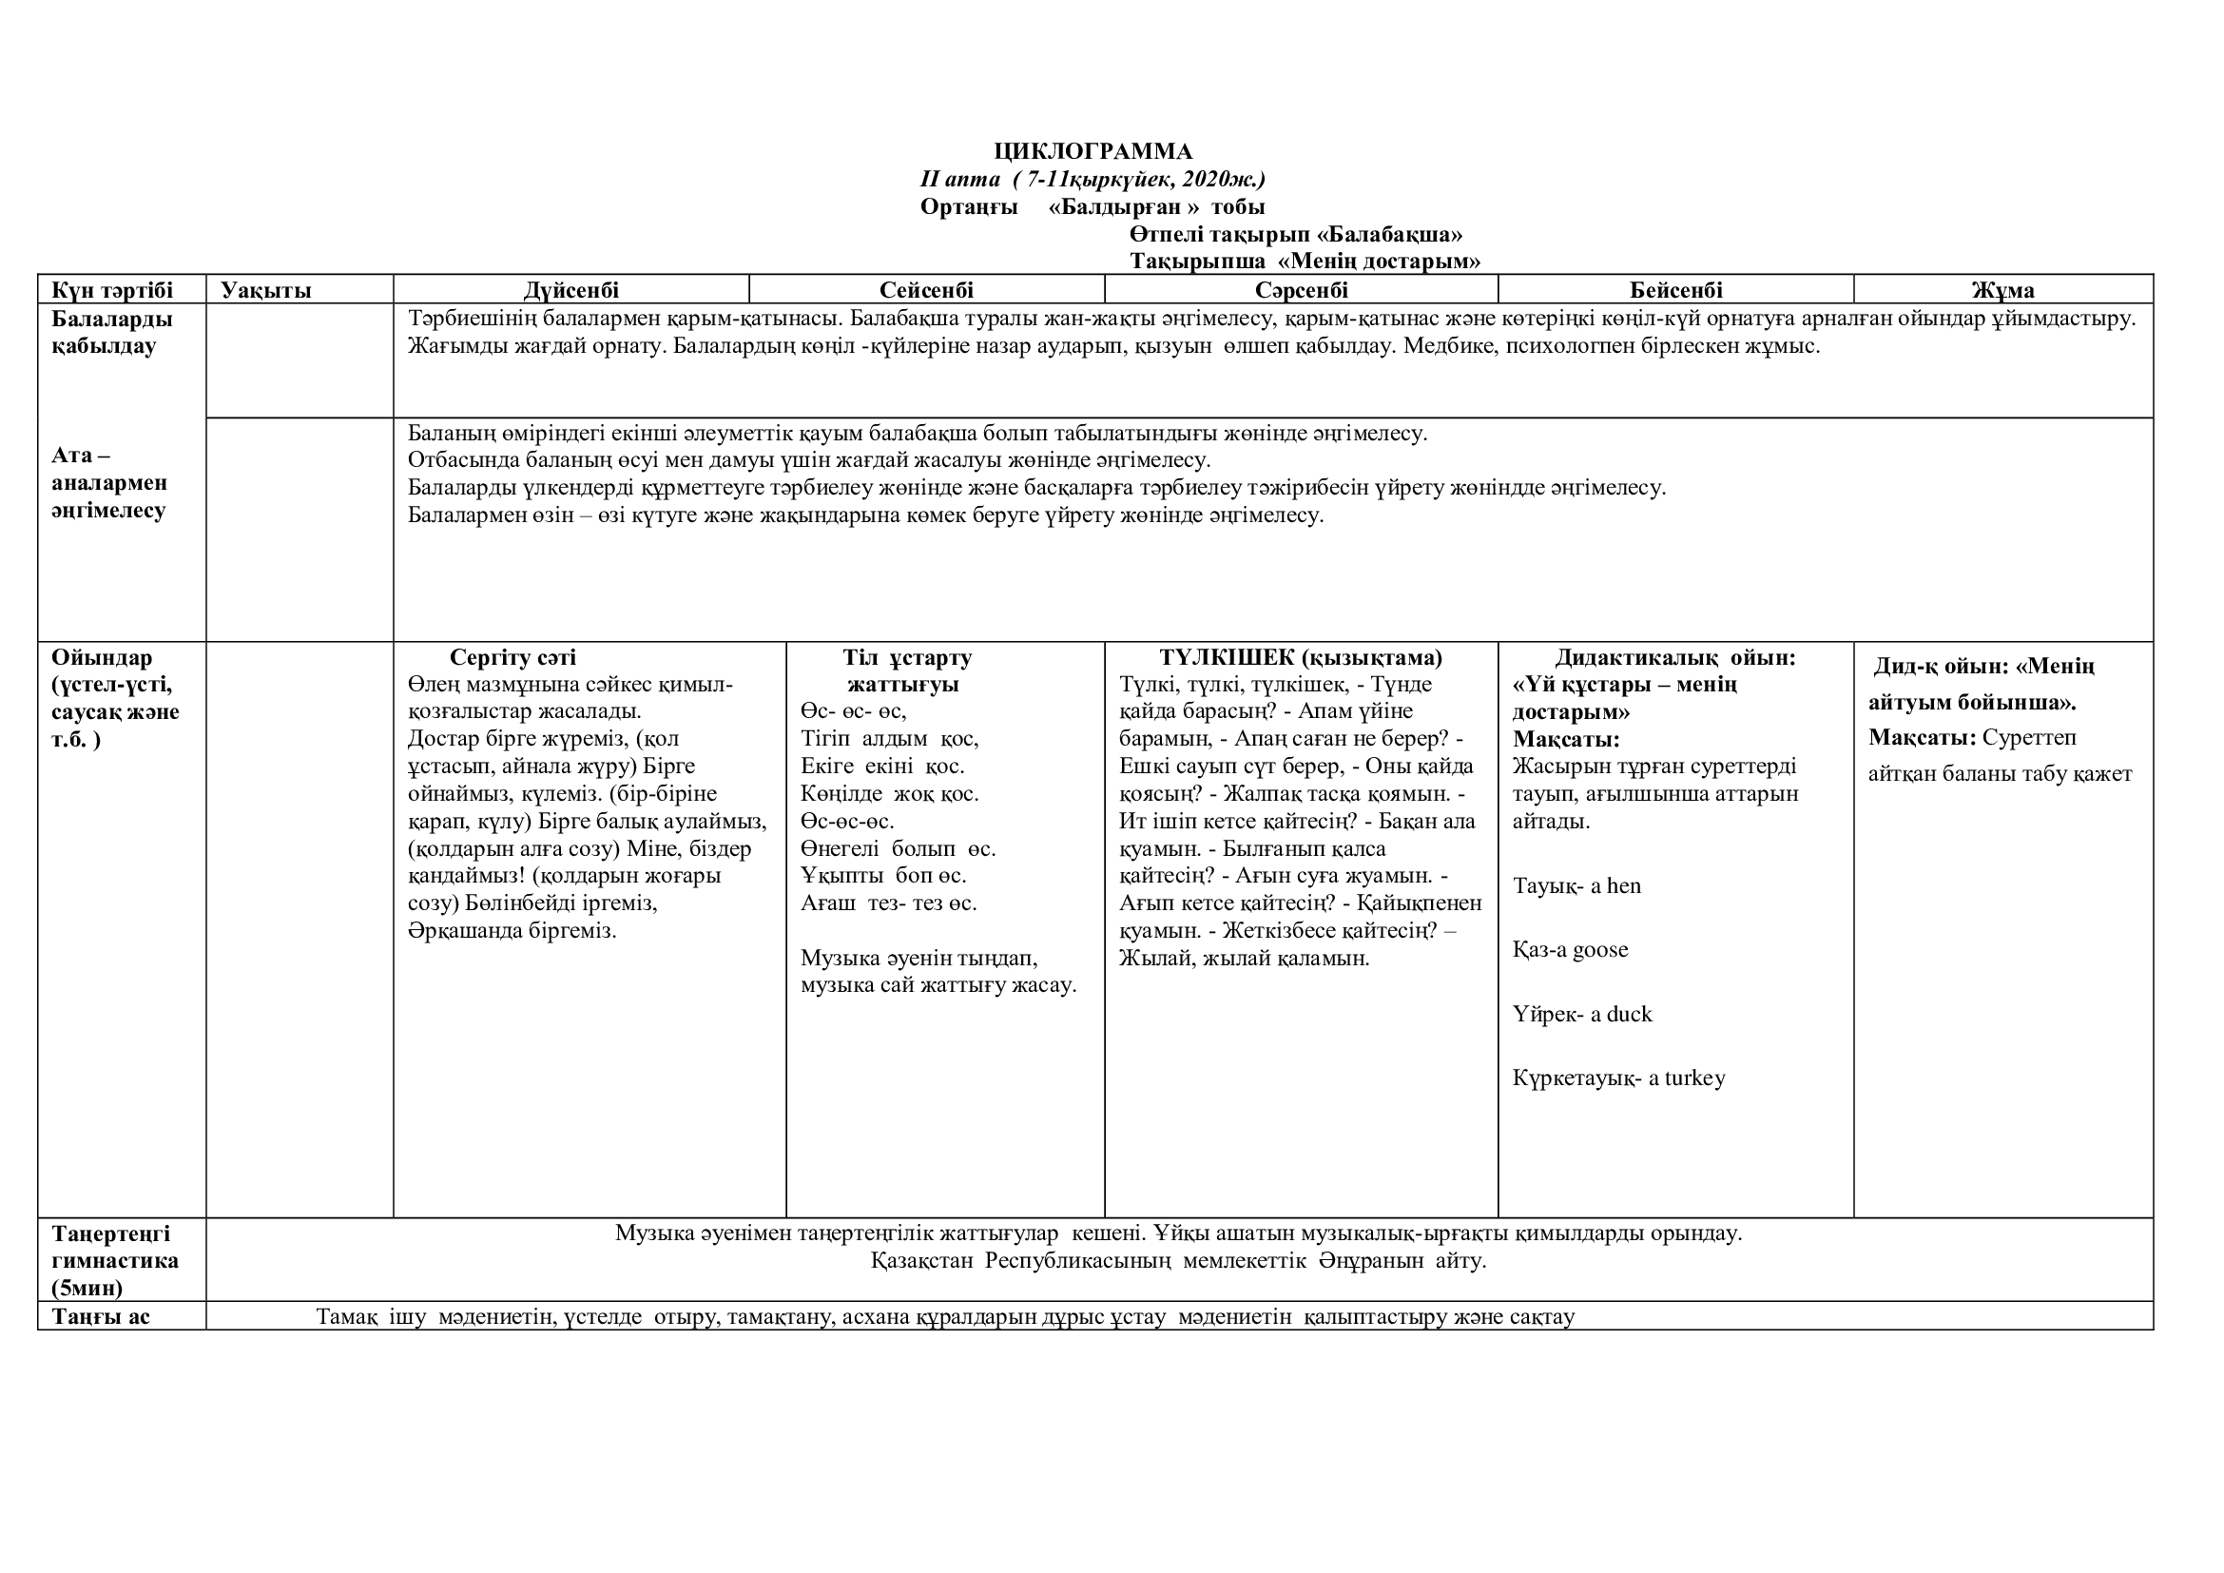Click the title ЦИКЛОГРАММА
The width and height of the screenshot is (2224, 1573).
tap(1093, 151)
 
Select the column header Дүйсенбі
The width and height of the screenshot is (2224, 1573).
tap(571, 290)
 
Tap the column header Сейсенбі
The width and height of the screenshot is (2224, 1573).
tap(926, 290)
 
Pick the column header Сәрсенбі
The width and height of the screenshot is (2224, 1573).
tap(1301, 290)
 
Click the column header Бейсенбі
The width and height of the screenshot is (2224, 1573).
tap(1675, 290)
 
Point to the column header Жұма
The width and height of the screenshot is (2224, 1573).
tap(2002, 290)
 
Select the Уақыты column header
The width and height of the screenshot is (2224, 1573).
tap(266, 290)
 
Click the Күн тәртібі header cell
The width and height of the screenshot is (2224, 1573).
tap(112, 290)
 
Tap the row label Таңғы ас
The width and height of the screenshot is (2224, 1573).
tap(102, 1316)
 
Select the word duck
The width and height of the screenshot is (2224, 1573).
tap(1628, 1014)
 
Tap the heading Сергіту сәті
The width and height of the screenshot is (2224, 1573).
tap(512, 658)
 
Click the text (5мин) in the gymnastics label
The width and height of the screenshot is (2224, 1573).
tap(88, 1289)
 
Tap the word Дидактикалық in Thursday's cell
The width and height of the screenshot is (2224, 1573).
tap(1628, 658)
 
